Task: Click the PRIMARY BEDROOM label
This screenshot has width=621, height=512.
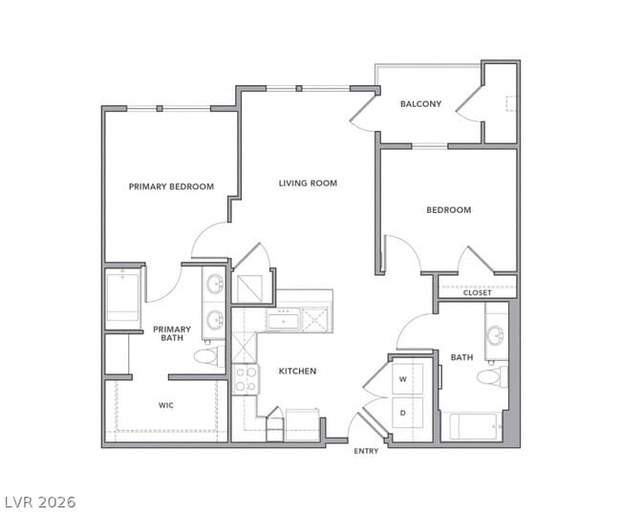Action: click(171, 186)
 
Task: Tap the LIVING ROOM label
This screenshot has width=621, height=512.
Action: click(308, 182)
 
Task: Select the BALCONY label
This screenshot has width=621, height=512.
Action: click(420, 104)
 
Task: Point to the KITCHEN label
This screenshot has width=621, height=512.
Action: click(297, 371)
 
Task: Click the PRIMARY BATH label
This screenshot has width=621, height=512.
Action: click(172, 333)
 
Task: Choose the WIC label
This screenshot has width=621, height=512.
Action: click(166, 404)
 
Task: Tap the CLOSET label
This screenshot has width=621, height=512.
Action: click(477, 292)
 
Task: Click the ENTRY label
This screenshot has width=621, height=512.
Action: click(366, 451)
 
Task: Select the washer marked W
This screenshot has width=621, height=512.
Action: click(402, 379)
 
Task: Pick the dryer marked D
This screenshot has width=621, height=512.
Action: click(402, 413)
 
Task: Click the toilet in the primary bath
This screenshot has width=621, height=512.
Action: click(205, 356)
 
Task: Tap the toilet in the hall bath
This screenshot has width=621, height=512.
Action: click(490, 375)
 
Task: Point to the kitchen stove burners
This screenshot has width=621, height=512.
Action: click(246, 378)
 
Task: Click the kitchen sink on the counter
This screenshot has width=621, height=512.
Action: click(285, 320)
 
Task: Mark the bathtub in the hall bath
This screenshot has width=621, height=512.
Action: click(474, 426)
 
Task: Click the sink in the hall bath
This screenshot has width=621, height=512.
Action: click(495, 334)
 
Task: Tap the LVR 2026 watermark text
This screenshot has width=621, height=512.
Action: click(39, 501)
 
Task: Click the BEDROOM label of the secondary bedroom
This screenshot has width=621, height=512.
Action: click(448, 210)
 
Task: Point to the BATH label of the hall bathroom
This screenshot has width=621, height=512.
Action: click(461, 357)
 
